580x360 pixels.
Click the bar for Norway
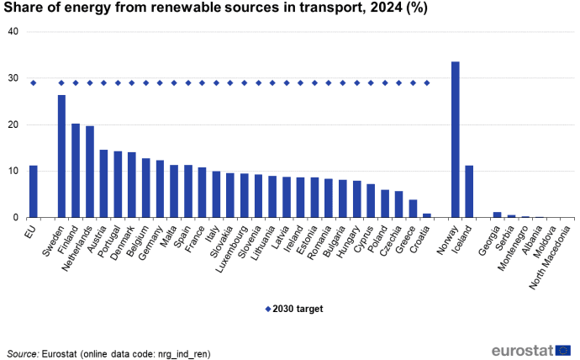coord(456,140)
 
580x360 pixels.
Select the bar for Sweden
coord(61,156)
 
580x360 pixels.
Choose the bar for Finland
coord(76,171)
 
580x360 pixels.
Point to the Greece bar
coord(413,209)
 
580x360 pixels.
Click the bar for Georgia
coord(498,215)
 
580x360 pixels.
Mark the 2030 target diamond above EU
coord(34,82)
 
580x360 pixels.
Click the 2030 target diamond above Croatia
coord(427,82)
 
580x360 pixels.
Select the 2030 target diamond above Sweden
coord(61,82)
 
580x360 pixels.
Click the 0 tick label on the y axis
coord(15,218)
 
